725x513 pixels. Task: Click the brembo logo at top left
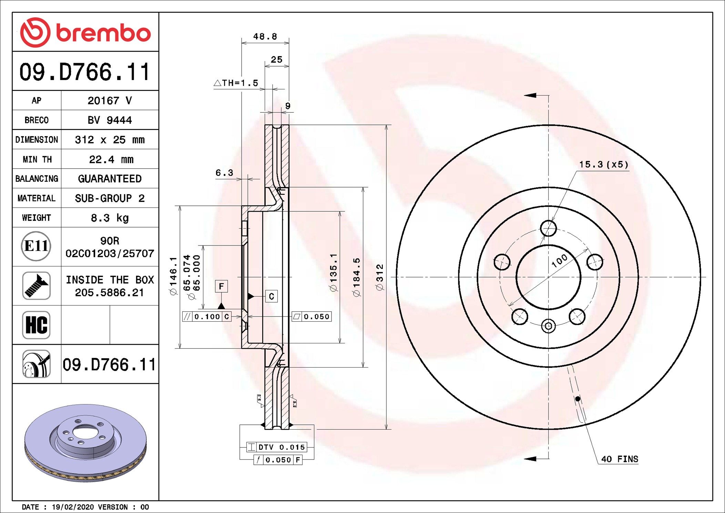click(85, 32)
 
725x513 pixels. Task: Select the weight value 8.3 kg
click(110, 218)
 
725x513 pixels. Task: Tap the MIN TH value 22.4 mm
click(111, 159)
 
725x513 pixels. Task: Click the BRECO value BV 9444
click(110, 120)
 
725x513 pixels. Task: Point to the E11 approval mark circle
click(36, 246)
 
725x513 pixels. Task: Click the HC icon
click(36, 325)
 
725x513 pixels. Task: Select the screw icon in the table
click(36, 285)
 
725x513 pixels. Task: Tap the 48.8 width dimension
click(265, 37)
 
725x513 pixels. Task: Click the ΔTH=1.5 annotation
click(236, 83)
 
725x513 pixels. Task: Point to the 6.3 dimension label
click(224, 173)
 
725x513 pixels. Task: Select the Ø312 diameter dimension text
click(379, 277)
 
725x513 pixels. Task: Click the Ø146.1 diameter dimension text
click(173, 276)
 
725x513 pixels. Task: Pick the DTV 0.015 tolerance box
click(276, 447)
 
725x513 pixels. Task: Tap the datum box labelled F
click(221, 286)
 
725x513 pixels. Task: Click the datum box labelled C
click(272, 296)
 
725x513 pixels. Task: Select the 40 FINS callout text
click(620, 459)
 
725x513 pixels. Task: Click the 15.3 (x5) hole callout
click(604, 164)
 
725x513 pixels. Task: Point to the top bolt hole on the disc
click(548, 228)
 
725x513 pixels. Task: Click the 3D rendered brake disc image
click(85, 443)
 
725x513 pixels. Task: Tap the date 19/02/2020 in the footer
click(73, 507)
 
